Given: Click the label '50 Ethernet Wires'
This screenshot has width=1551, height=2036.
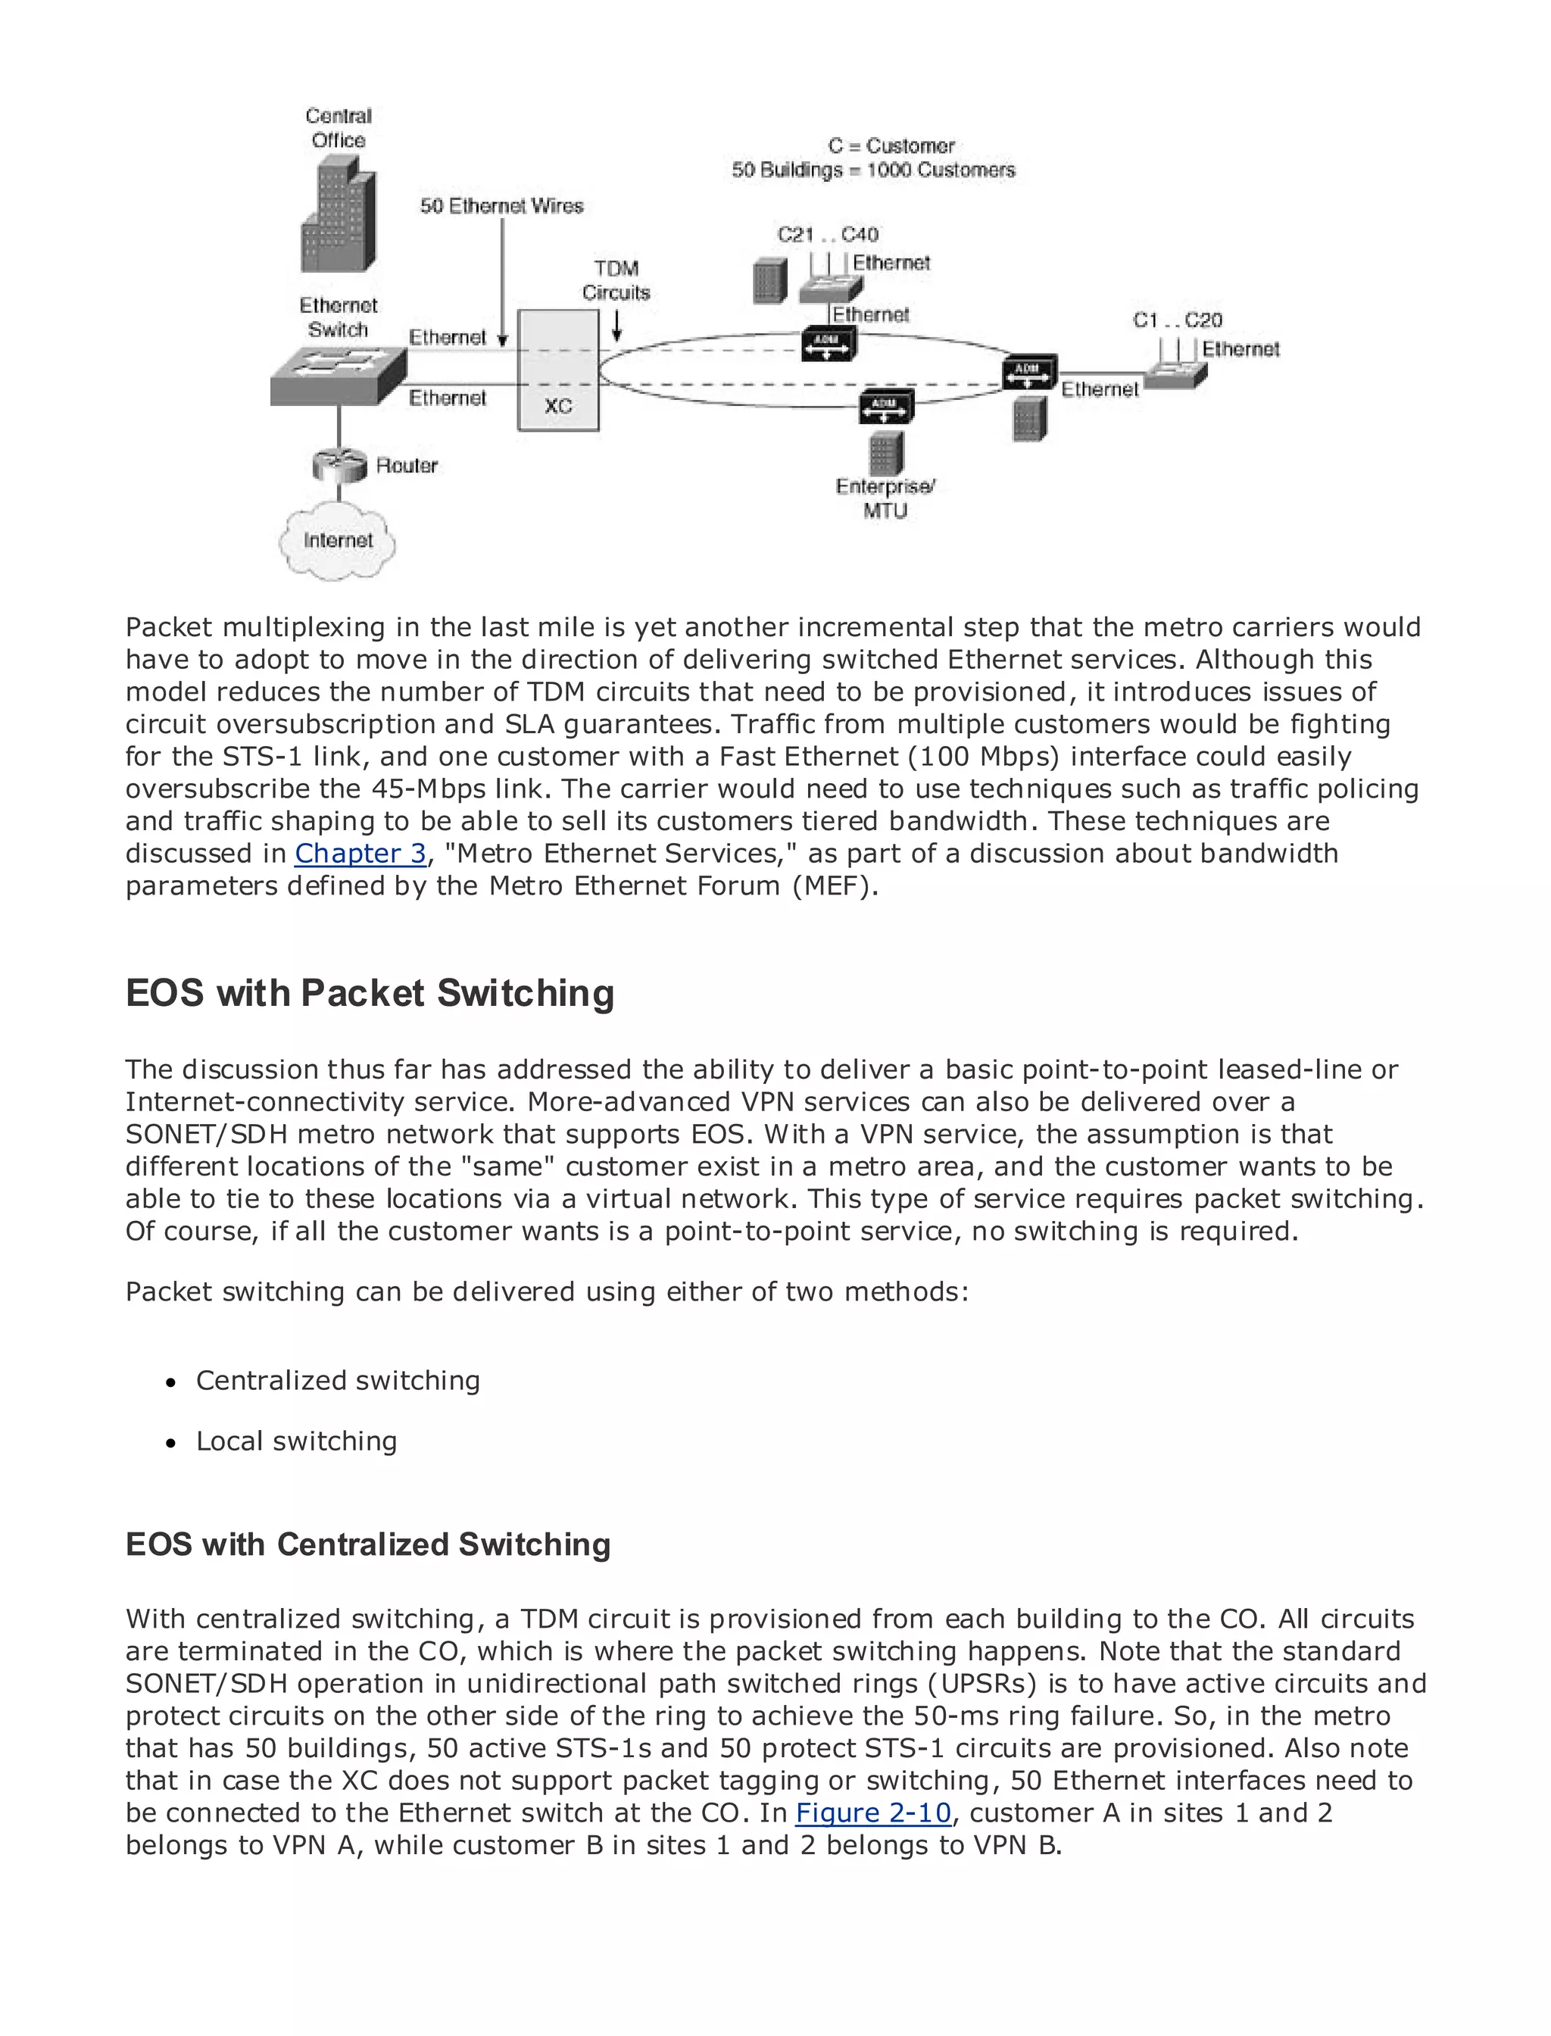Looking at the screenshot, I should coord(501,206).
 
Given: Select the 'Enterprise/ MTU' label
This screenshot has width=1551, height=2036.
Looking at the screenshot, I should coord(885,498).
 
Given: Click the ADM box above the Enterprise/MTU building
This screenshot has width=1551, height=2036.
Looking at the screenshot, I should coord(885,406).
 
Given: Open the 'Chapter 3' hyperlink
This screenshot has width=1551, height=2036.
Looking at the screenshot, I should coord(360,853).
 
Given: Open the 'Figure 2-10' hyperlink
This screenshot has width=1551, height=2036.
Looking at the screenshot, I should coord(872,1813).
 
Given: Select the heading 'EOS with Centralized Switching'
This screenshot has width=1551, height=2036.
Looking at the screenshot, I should coord(367,1544).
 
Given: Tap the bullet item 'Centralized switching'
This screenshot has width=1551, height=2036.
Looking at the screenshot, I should coord(338,1380).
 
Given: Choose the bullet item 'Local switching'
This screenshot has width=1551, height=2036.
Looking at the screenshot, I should coord(296,1441).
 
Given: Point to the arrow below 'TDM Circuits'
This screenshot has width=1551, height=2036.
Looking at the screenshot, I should coord(616,325).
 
